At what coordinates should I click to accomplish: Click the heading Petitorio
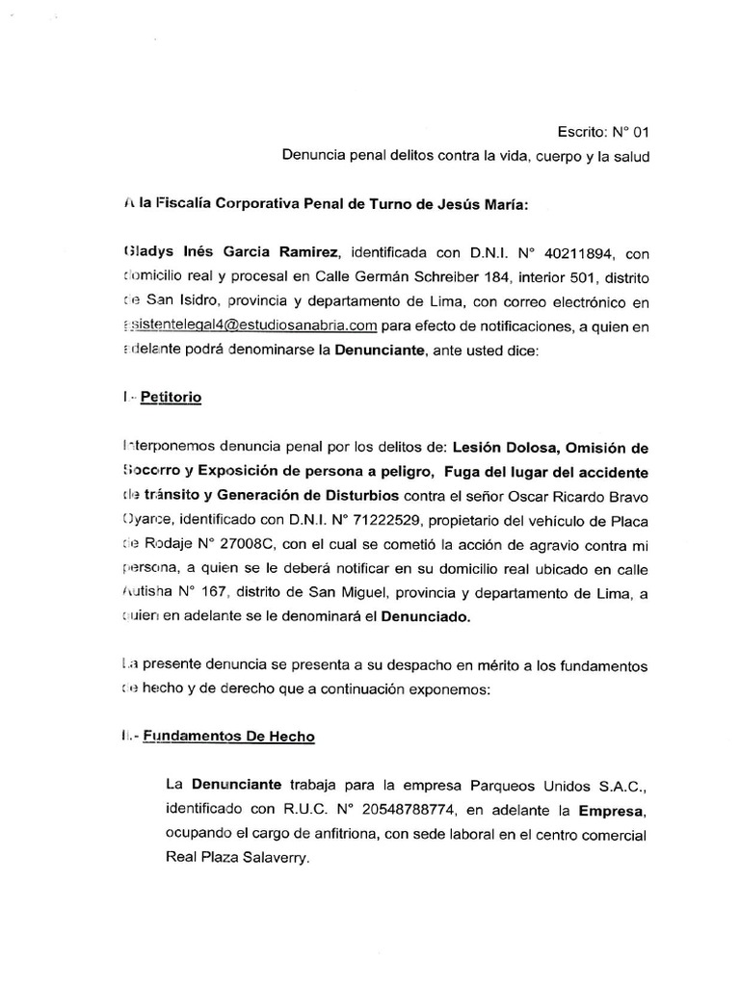point(171,398)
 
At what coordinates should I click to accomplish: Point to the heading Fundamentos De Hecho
point(227,736)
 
